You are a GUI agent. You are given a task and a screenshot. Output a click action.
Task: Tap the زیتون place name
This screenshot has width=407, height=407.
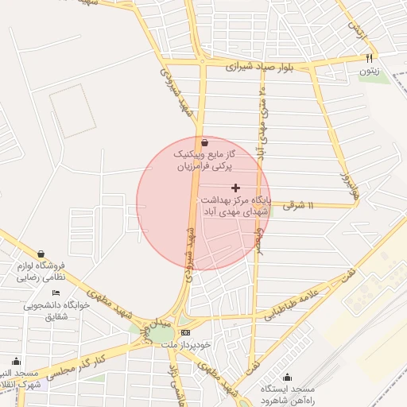pyautogui.click(x=368, y=72)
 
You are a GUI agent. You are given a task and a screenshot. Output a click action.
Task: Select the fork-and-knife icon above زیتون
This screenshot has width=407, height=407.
pyautogui.click(x=368, y=58)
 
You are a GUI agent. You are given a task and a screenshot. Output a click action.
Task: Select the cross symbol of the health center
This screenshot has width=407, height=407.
pyautogui.click(x=235, y=187)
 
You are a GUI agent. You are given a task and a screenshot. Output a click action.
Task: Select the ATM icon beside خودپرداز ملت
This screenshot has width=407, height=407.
pyautogui.click(x=186, y=332)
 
